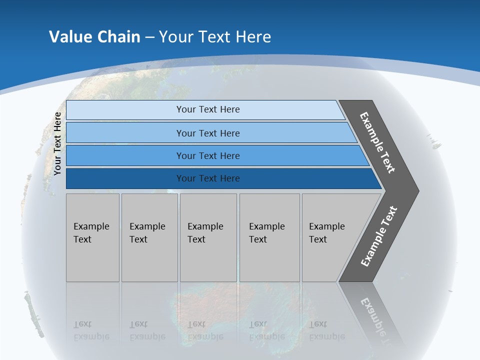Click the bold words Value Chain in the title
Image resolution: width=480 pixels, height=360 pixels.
click(94, 37)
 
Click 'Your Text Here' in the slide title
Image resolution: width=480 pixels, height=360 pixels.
click(215, 37)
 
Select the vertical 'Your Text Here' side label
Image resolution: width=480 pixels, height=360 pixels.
click(57, 143)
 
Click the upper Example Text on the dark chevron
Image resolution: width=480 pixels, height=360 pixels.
click(377, 142)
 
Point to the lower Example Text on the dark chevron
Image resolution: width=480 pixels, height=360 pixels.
click(378, 236)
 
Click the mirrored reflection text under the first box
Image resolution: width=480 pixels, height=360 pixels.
click(90, 330)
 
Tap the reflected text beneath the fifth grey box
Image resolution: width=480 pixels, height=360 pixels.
click(326, 330)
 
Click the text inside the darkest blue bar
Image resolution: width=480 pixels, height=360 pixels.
click(208, 178)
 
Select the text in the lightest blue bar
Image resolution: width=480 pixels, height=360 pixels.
click(208, 109)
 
